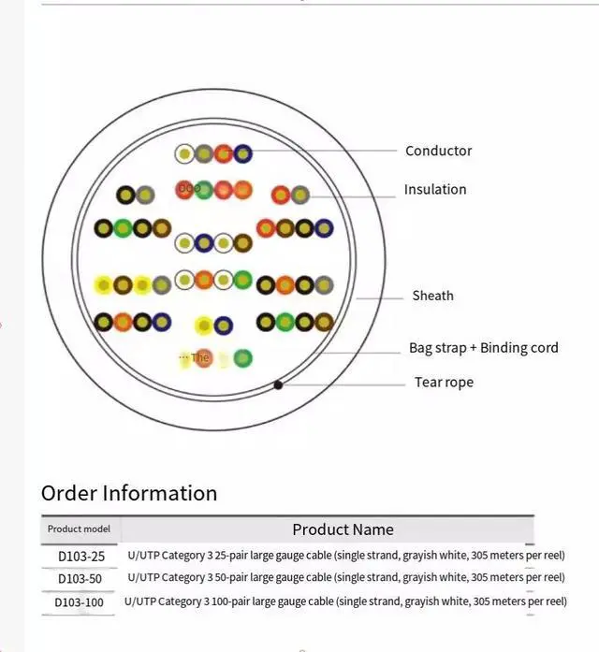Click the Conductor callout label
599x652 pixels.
pyautogui.click(x=438, y=151)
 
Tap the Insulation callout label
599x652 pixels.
pyautogui.click(x=434, y=189)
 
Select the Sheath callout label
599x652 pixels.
pyautogui.click(x=432, y=296)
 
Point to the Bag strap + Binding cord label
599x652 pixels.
pyautogui.click(x=483, y=348)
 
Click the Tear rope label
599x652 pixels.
pyautogui.click(x=444, y=382)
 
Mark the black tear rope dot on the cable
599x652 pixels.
pyautogui.click(x=278, y=384)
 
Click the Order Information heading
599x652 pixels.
pyautogui.click(x=129, y=493)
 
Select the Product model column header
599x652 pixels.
pyautogui.click(x=79, y=529)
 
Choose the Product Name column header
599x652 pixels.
pyautogui.click(x=343, y=529)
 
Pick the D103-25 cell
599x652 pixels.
pyautogui.click(x=81, y=556)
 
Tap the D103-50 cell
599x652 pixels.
pyautogui.click(x=80, y=579)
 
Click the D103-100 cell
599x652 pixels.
pyautogui.click(x=80, y=602)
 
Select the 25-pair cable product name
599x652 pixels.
pyautogui.click(x=345, y=555)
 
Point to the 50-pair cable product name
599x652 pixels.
pyautogui.click(x=345, y=577)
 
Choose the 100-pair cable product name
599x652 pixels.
pyautogui.click(x=345, y=601)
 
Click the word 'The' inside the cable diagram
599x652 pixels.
pyautogui.click(x=200, y=357)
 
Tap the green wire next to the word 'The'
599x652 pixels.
pyautogui.click(x=243, y=357)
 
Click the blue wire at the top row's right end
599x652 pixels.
pyautogui.click(x=243, y=153)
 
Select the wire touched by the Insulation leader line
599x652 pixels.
pyautogui.click(x=299, y=195)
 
